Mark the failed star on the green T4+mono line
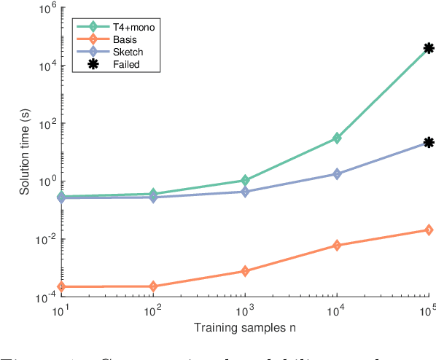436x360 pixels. coord(429,48)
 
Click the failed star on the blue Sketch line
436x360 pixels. coord(429,143)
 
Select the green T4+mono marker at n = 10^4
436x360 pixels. coord(337,138)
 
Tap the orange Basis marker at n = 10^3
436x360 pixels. coord(245,271)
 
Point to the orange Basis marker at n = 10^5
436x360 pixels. coord(429,230)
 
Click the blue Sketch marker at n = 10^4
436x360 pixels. coord(337,173)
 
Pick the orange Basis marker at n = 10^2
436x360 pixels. coord(153,286)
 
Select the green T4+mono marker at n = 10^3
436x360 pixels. coord(245,180)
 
